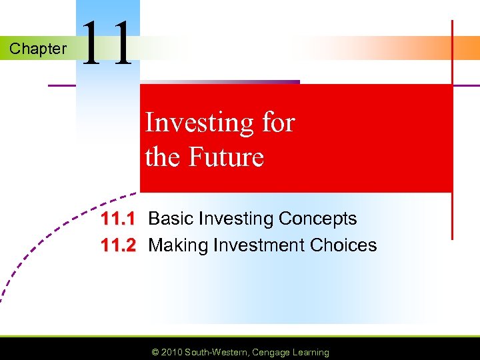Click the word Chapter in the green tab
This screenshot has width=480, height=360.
(x=38, y=49)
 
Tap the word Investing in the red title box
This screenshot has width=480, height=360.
(x=198, y=123)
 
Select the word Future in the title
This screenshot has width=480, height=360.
(x=227, y=157)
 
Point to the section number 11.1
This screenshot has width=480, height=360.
(x=118, y=219)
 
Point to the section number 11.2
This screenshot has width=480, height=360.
(x=118, y=245)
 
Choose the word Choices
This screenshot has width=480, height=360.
(x=343, y=245)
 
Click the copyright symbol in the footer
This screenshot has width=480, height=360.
(x=155, y=352)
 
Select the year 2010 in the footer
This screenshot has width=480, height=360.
(x=171, y=352)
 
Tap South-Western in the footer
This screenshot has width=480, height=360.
(x=216, y=352)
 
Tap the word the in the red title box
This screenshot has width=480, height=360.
(x=160, y=157)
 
